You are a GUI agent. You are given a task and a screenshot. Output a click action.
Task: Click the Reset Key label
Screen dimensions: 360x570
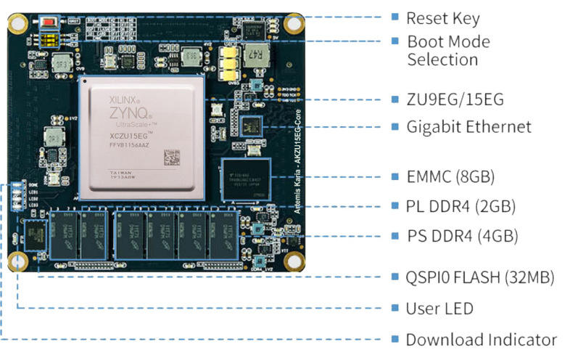click(x=443, y=18)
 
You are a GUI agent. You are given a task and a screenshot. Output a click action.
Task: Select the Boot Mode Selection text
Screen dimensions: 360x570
click(x=448, y=51)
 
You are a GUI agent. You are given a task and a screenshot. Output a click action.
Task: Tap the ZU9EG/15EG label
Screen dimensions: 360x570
click(x=455, y=99)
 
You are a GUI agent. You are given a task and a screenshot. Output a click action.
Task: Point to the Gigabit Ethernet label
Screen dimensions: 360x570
click(x=468, y=127)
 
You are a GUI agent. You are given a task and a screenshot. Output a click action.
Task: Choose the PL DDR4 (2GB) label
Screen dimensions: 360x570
click(x=460, y=207)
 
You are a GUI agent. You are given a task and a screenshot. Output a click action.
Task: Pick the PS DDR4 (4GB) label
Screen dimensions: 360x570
click(x=461, y=237)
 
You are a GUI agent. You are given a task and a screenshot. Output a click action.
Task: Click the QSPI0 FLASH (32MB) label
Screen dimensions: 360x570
click(x=480, y=277)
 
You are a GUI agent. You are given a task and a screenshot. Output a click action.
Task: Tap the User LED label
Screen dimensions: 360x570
click(x=439, y=308)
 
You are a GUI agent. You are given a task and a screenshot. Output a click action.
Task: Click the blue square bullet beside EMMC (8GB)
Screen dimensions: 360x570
click(x=395, y=176)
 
